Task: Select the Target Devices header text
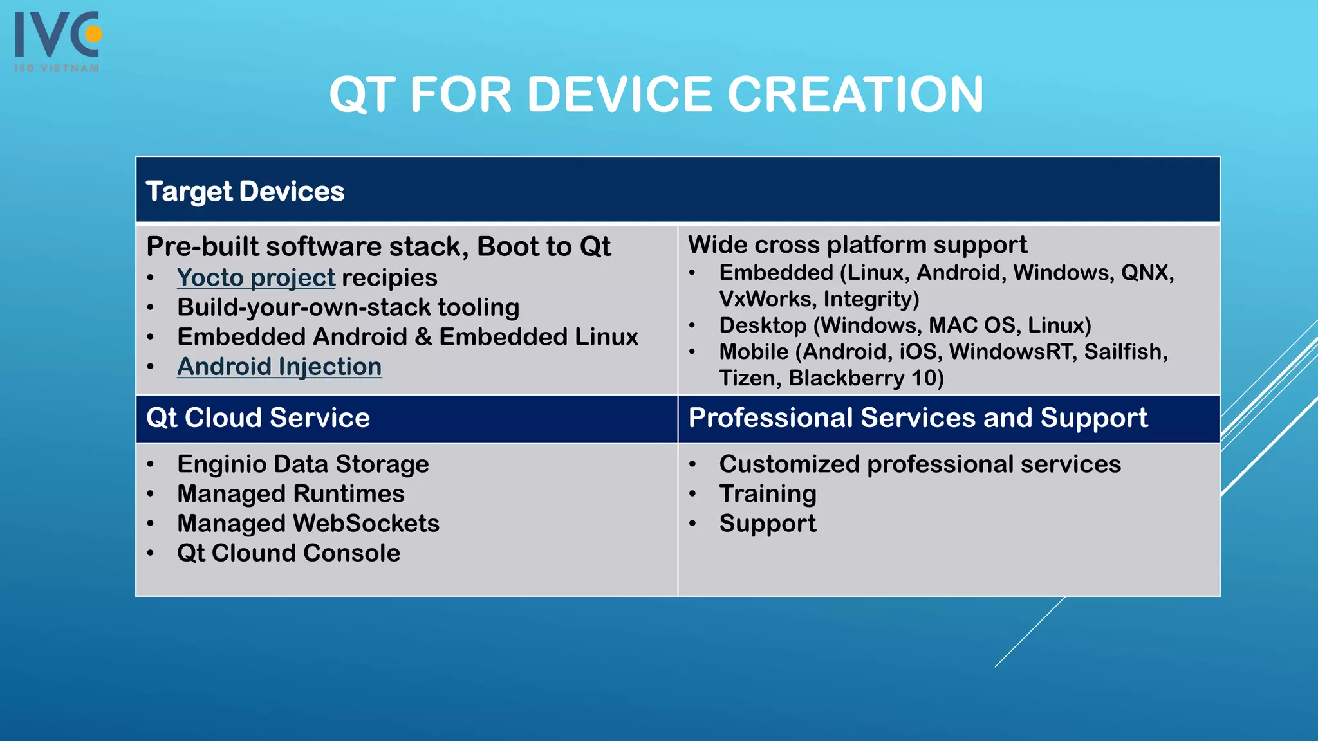coord(245,192)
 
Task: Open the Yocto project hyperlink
coord(256,278)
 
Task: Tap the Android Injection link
coord(279,367)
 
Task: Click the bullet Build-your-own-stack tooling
coord(348,307)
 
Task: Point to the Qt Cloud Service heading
coord(258,418)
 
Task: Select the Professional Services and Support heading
coord(918,418)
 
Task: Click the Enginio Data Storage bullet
coord(303,464)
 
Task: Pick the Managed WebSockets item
coord(308,524)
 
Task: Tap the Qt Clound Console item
coord(288,553)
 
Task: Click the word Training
coord(768,494)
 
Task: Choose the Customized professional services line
coord(920,464)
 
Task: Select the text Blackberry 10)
coord(866,378)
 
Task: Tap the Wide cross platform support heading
coord(857,245)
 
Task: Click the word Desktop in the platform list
coord(763,325)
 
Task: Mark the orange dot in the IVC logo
coord(94,33)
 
